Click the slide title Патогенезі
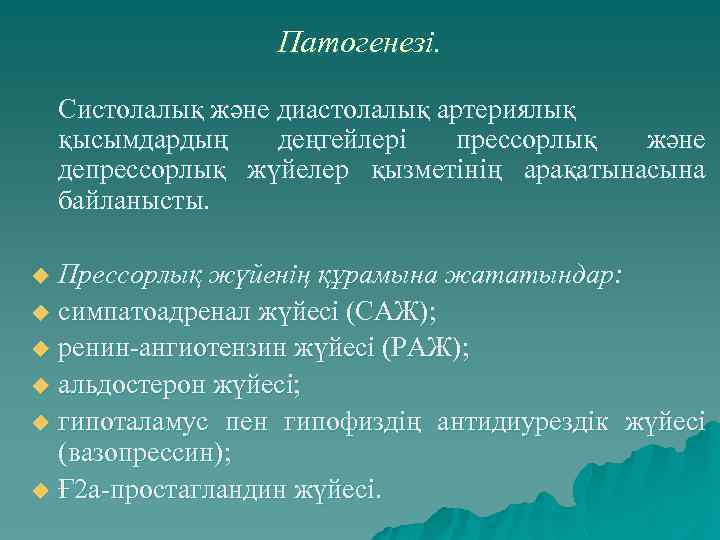[359, 43]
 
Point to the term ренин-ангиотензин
[171, 348]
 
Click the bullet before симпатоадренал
[40, 314]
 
